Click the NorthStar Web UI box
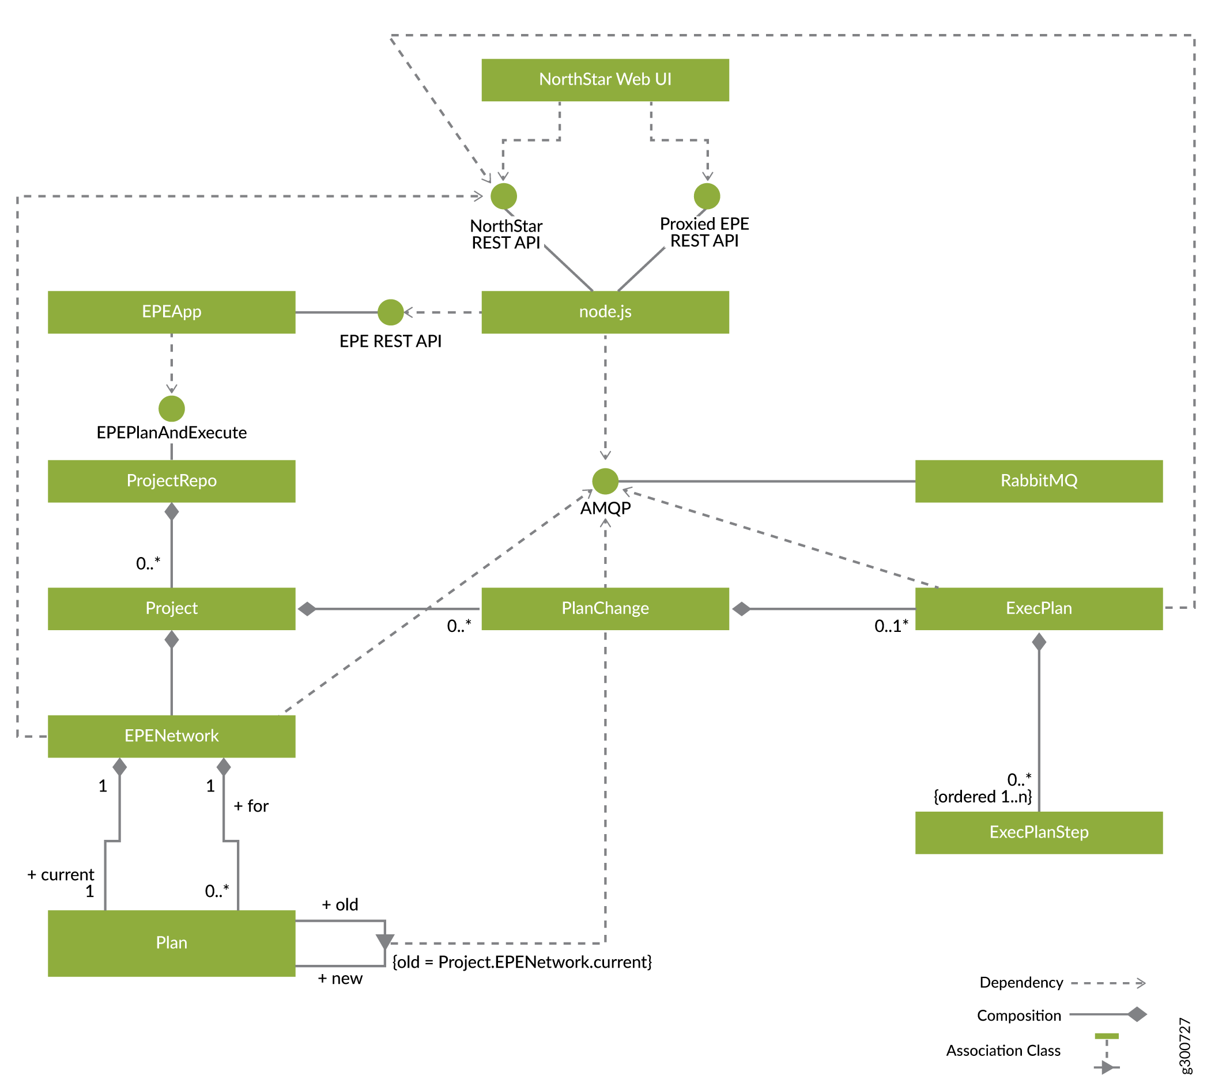click(605, 79)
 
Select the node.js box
click(605, 312)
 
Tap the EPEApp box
click(172, 312)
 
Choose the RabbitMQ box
click(1038, 481)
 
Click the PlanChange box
click(605, 608)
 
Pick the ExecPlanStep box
click(1038, 832)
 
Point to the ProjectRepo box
click(172, 481)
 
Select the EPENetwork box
click(172, 736)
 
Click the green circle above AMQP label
click(605, 481)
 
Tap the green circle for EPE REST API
click(390, 312)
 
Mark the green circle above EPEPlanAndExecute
click(172, 408)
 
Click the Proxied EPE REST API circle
click(706, 196)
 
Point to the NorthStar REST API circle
click(503, 196)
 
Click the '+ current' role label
click(61, 874)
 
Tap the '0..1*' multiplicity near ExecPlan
click(891, 626)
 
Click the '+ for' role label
click(251, 806)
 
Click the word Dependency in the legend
click(1020, 983)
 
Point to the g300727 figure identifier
click(1184, 1045)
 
